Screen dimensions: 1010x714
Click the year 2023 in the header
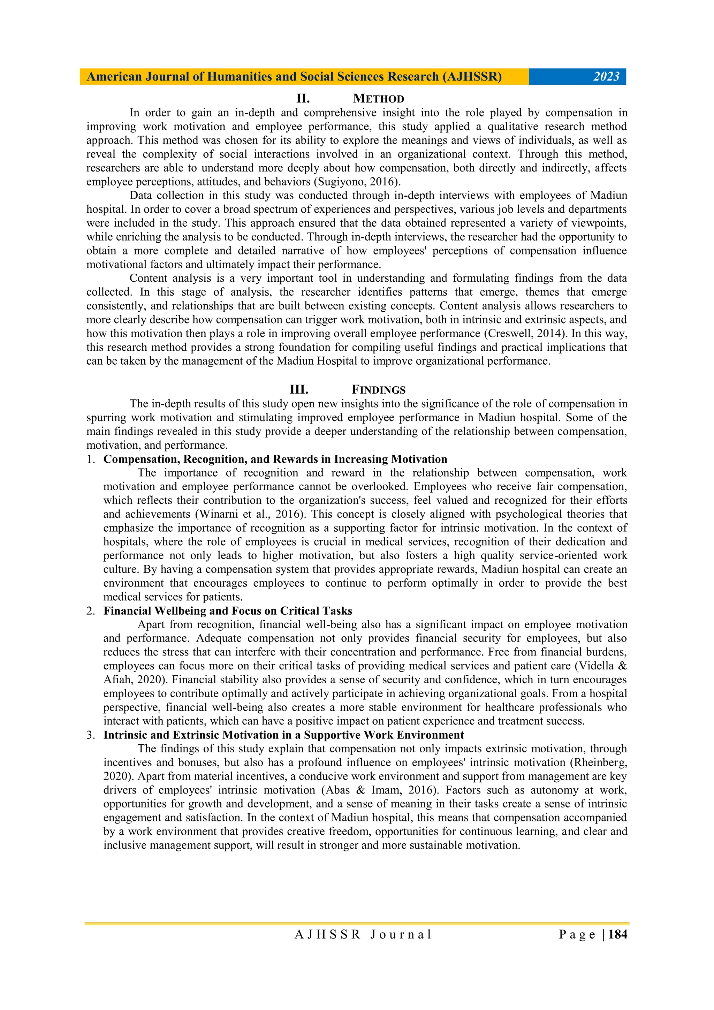click(606, 77)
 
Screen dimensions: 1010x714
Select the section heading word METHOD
click(378, 99)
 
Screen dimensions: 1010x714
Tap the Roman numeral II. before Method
click(303, 99)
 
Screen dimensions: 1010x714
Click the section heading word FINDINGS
click(378, 390)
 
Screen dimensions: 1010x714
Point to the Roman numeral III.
click(299, 390)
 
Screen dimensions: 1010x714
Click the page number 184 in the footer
click(618, 935)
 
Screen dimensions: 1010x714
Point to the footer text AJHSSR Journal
click(363, 935)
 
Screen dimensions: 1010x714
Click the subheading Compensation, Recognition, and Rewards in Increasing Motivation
click(275, 459)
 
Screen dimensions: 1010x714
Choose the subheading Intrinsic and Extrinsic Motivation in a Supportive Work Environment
click(283, 735)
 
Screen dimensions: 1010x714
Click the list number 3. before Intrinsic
click(90, 735)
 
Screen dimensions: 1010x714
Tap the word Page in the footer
click(577, 935)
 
